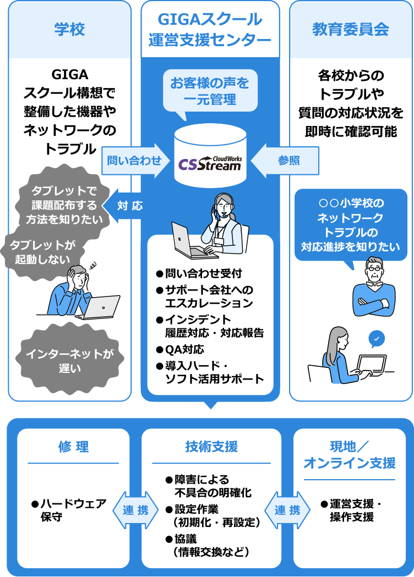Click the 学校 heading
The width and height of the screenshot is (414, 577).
[70, 29]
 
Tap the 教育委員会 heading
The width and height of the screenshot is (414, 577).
[351, 29]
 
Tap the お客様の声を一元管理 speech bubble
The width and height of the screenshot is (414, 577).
[209, 91]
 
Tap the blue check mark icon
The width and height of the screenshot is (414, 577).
[377, 339]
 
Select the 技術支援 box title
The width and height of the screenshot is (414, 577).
[211, 447]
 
